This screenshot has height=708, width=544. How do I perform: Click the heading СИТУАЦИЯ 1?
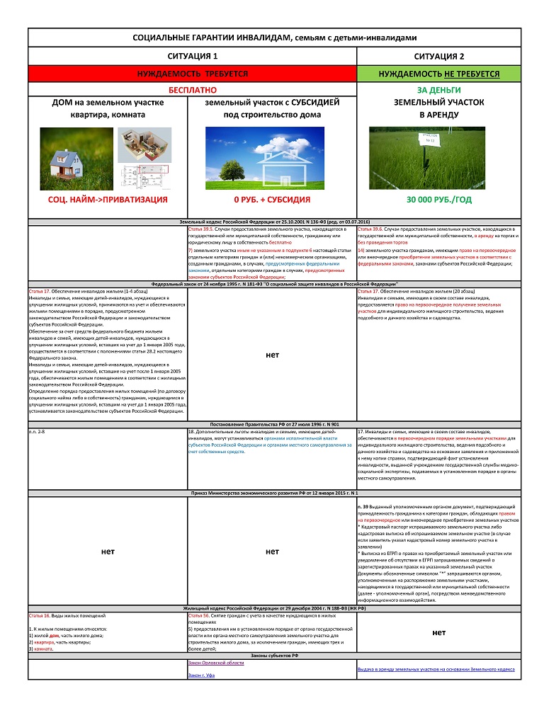191,55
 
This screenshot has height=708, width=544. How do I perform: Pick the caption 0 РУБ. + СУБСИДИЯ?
273,200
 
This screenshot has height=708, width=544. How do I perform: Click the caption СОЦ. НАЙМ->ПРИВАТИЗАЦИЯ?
108,200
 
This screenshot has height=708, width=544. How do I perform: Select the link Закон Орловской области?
215,663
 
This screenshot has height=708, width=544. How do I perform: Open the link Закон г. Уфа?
201,676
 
